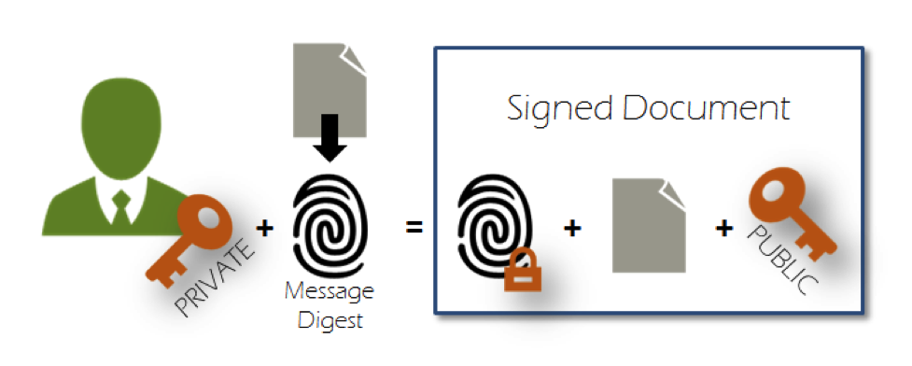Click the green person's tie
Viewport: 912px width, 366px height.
(120, 206)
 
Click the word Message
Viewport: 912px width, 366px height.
(330, 292)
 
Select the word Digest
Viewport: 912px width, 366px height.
(329, 320)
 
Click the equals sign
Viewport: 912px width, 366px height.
(414, 227)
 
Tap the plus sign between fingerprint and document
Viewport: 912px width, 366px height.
(572, 227)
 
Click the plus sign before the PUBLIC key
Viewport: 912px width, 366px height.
(723, 227)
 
